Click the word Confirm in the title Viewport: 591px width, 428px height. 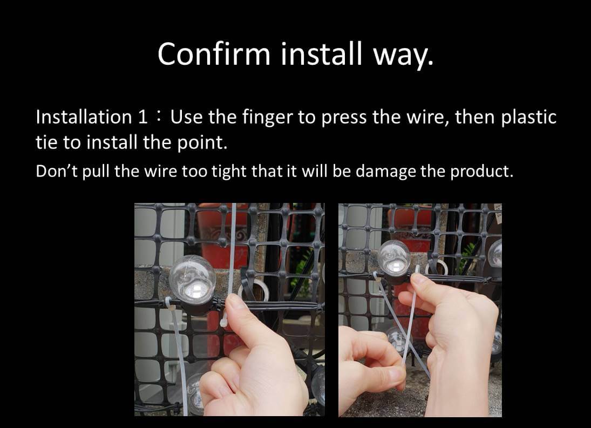(x=214, y=53)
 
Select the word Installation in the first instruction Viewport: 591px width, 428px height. (x=83, y=117)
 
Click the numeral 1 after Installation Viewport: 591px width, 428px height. (x=142, y=117)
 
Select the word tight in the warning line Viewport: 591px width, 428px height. (x=229, y=172)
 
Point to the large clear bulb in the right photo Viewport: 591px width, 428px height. (x=394, y=258)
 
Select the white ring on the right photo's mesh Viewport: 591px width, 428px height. (x=436, y=268)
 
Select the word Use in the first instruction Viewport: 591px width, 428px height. (x=185, y=117)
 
